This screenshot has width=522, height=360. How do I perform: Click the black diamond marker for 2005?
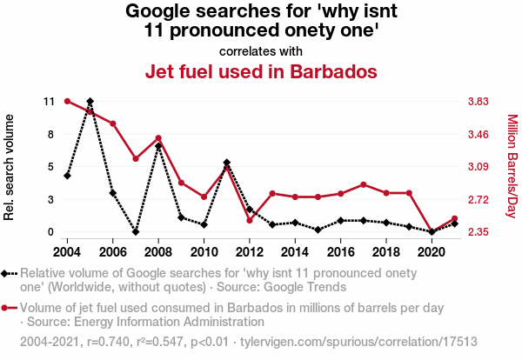click(90, 102)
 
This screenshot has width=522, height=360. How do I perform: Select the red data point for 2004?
click(68, 102)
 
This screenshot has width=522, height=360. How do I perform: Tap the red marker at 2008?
click(158, 138)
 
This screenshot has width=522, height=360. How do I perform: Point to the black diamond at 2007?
click(136, 232)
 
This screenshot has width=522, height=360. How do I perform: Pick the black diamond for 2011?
click(226, 163)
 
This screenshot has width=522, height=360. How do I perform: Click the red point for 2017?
click(363, 184)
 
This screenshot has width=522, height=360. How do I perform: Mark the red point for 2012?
click(249, 220)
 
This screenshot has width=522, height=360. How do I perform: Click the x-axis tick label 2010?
click(204, 251)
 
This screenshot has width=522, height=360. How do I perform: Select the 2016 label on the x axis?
click(340, 251)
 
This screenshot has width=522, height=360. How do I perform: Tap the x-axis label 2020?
click(431, 251)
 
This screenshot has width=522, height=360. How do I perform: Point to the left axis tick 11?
click(49, 102)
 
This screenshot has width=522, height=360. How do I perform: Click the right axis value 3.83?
click(479, 102)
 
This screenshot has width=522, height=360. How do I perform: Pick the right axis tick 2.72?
click(479, 200)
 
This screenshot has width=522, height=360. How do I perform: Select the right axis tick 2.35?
click(479, 232)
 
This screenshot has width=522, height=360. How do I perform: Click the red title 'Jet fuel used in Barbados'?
click(261, 70)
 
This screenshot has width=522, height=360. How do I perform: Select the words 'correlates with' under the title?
click(261, 50)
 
